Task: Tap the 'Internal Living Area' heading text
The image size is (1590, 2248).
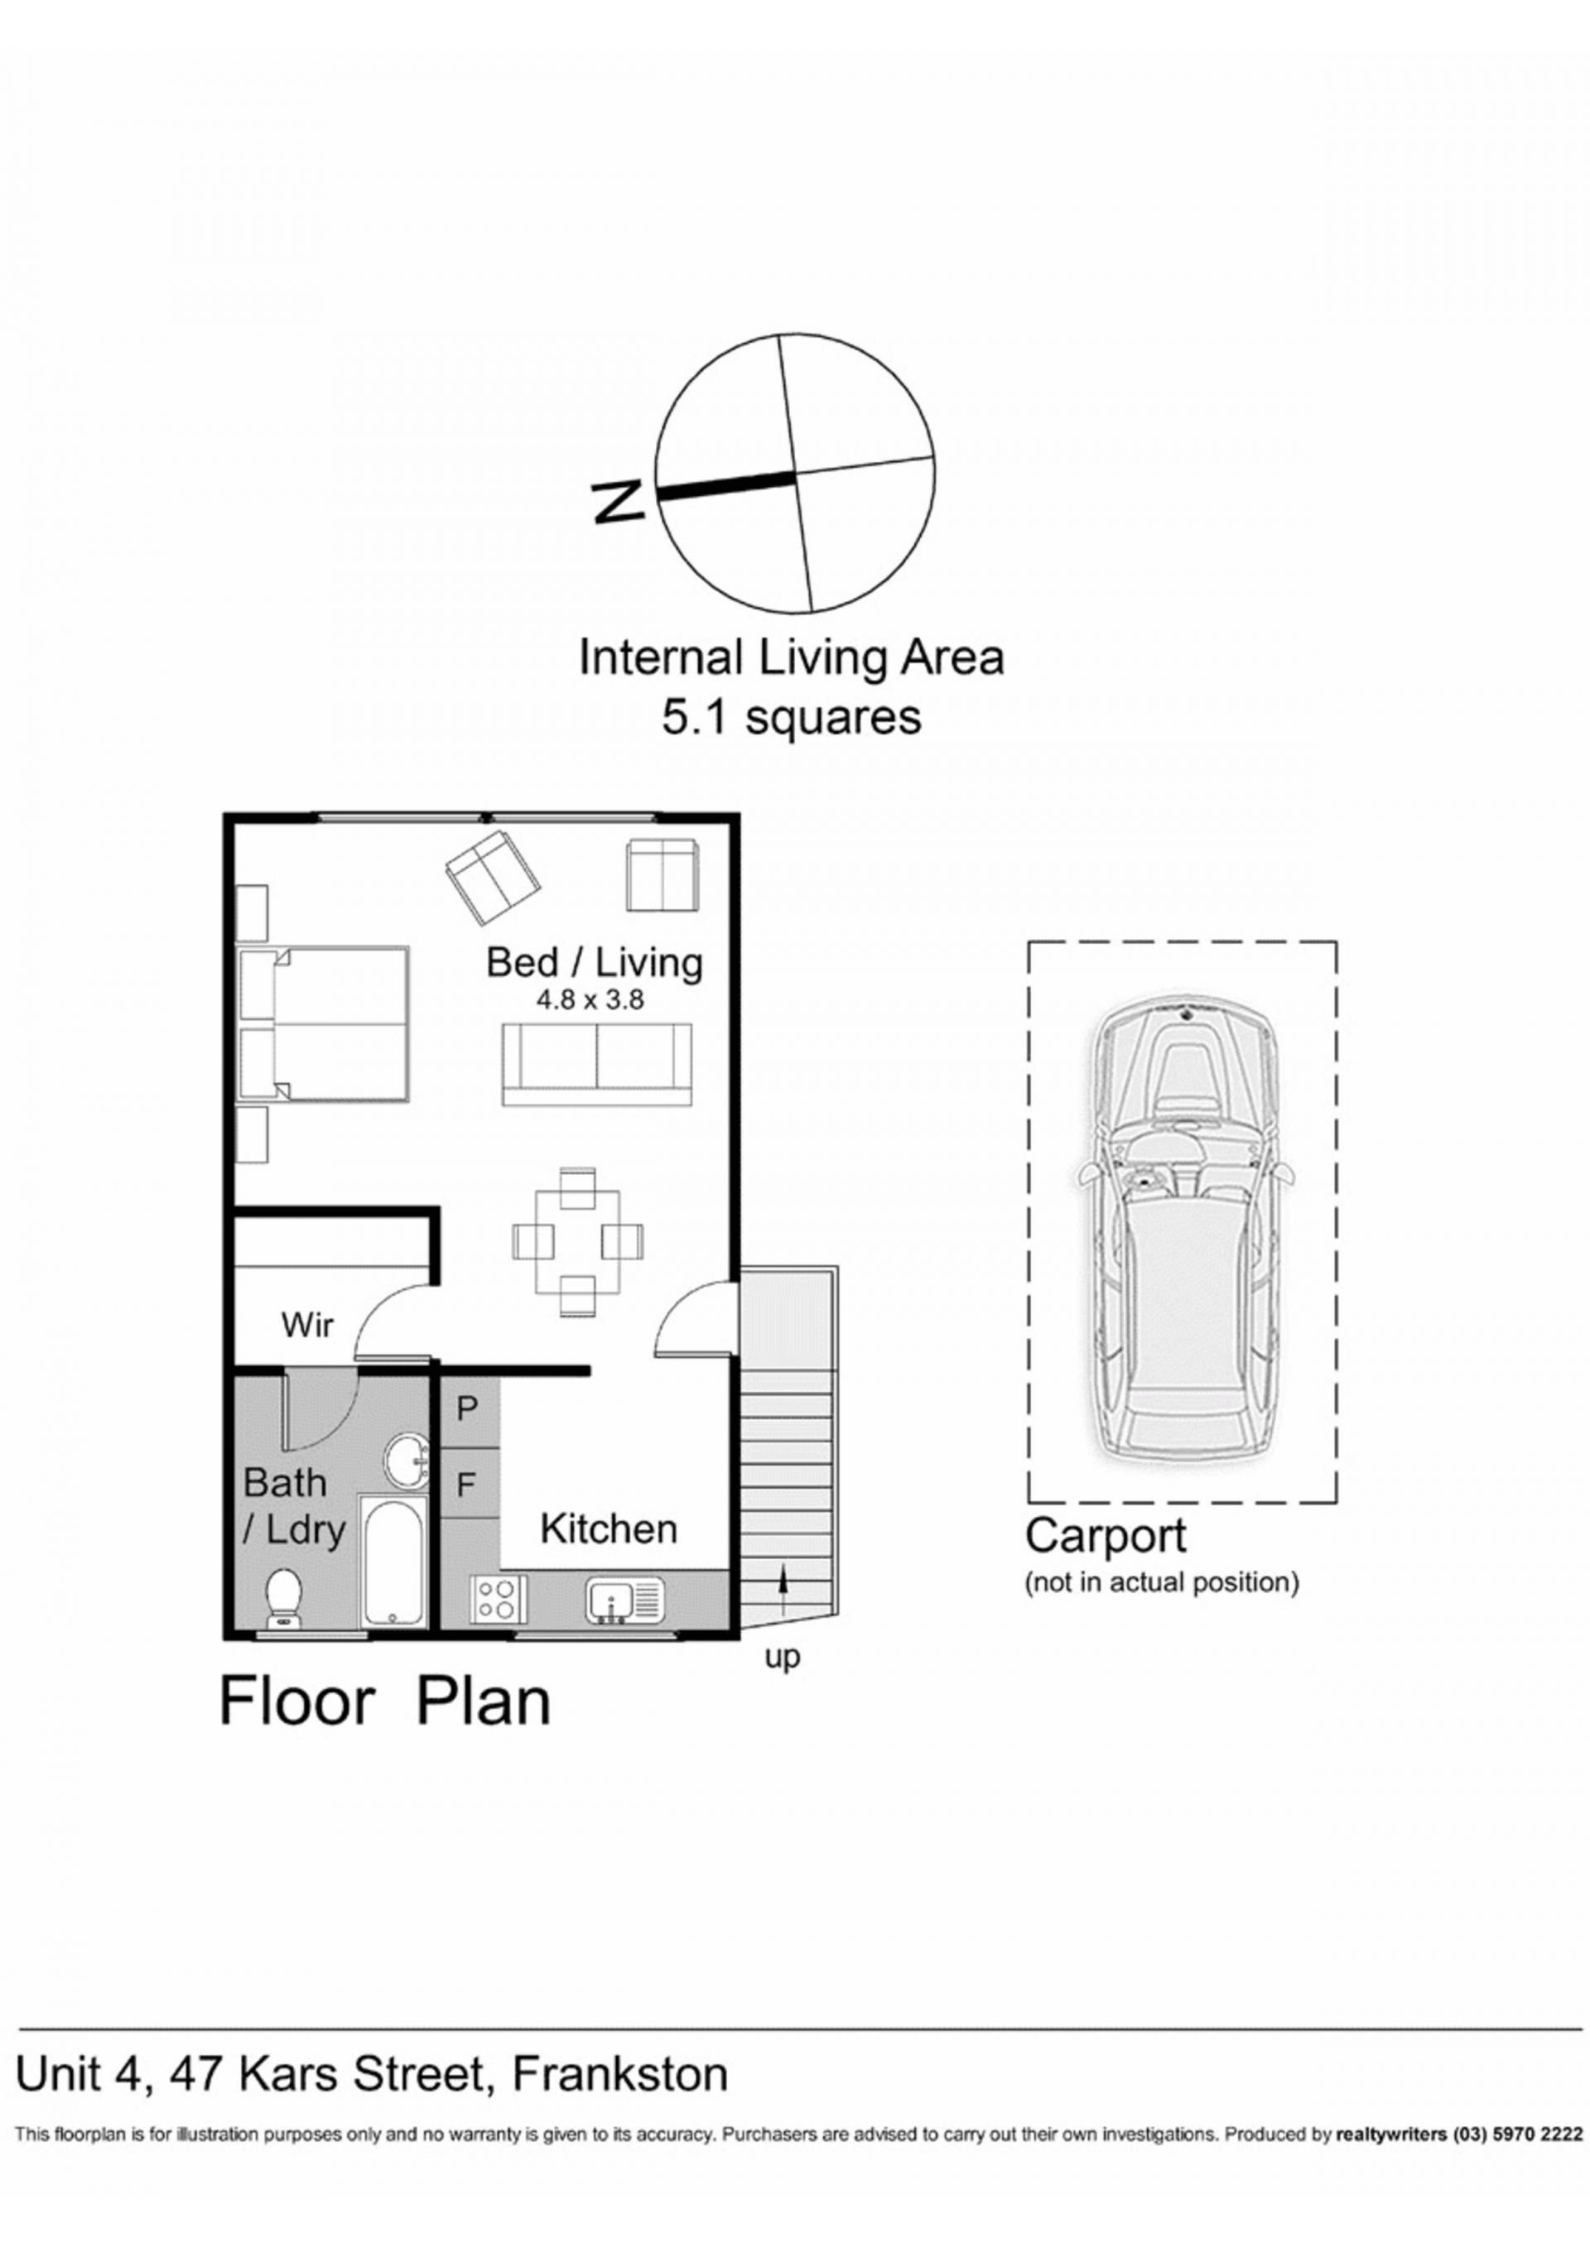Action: coord(791,658)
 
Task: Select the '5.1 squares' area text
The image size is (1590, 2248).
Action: coord(791,718)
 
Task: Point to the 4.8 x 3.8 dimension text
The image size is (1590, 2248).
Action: coord(590,1002)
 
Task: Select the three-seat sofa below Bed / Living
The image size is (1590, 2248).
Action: coord(597,1064)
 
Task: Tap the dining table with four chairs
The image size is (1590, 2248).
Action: coord(578,1240)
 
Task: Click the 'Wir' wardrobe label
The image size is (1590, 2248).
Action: coord(307,1326)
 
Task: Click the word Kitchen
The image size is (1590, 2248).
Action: coord(609,1528)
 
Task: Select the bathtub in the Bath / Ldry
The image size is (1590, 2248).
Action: coord(393,1561)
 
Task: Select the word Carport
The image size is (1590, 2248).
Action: coord(1106,1536)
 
